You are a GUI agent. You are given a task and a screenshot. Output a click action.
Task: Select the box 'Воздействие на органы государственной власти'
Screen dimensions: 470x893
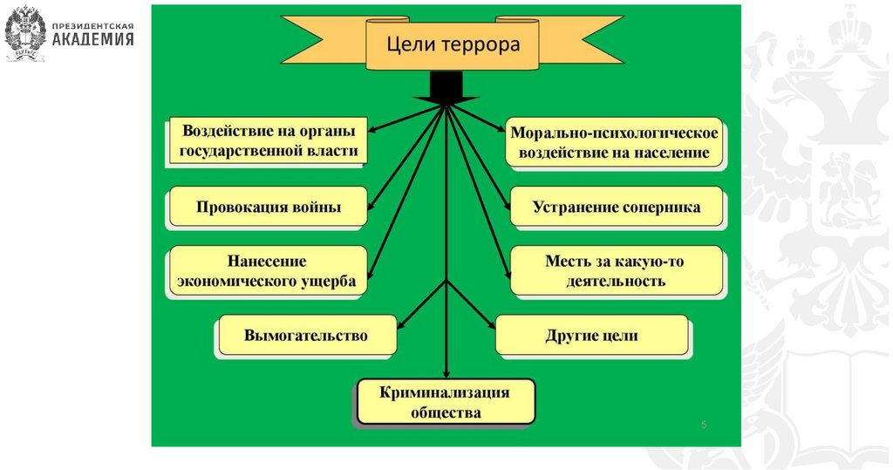coord(269,141)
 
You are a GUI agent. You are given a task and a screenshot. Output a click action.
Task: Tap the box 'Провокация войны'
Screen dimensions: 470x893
coord(268,208)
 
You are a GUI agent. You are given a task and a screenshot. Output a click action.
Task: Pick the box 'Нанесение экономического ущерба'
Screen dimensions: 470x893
coord(268,271)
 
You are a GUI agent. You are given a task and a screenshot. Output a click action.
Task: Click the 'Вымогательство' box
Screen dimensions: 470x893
coord(306,335)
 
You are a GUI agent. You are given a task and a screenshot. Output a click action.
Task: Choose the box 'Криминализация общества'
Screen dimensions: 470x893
coord(445,402)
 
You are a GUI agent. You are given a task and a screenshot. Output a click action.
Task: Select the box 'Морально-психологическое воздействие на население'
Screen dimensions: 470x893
coord(615,143)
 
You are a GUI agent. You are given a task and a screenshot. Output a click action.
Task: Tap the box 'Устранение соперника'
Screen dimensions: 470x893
coord(617,208)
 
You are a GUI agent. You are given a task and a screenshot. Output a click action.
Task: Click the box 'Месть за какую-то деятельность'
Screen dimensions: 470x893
coord(617,270)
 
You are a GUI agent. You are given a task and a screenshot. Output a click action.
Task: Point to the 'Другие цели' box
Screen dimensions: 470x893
coord(592,336)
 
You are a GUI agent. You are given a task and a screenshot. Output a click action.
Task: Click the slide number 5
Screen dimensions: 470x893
coord(704,424)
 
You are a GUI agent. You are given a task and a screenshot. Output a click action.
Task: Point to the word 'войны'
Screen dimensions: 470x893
coord(317,208)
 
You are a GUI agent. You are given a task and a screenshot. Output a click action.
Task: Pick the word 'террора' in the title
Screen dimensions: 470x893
coord(483,44)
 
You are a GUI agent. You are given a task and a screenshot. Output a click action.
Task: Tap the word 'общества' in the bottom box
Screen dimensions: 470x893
coord(445,412)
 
